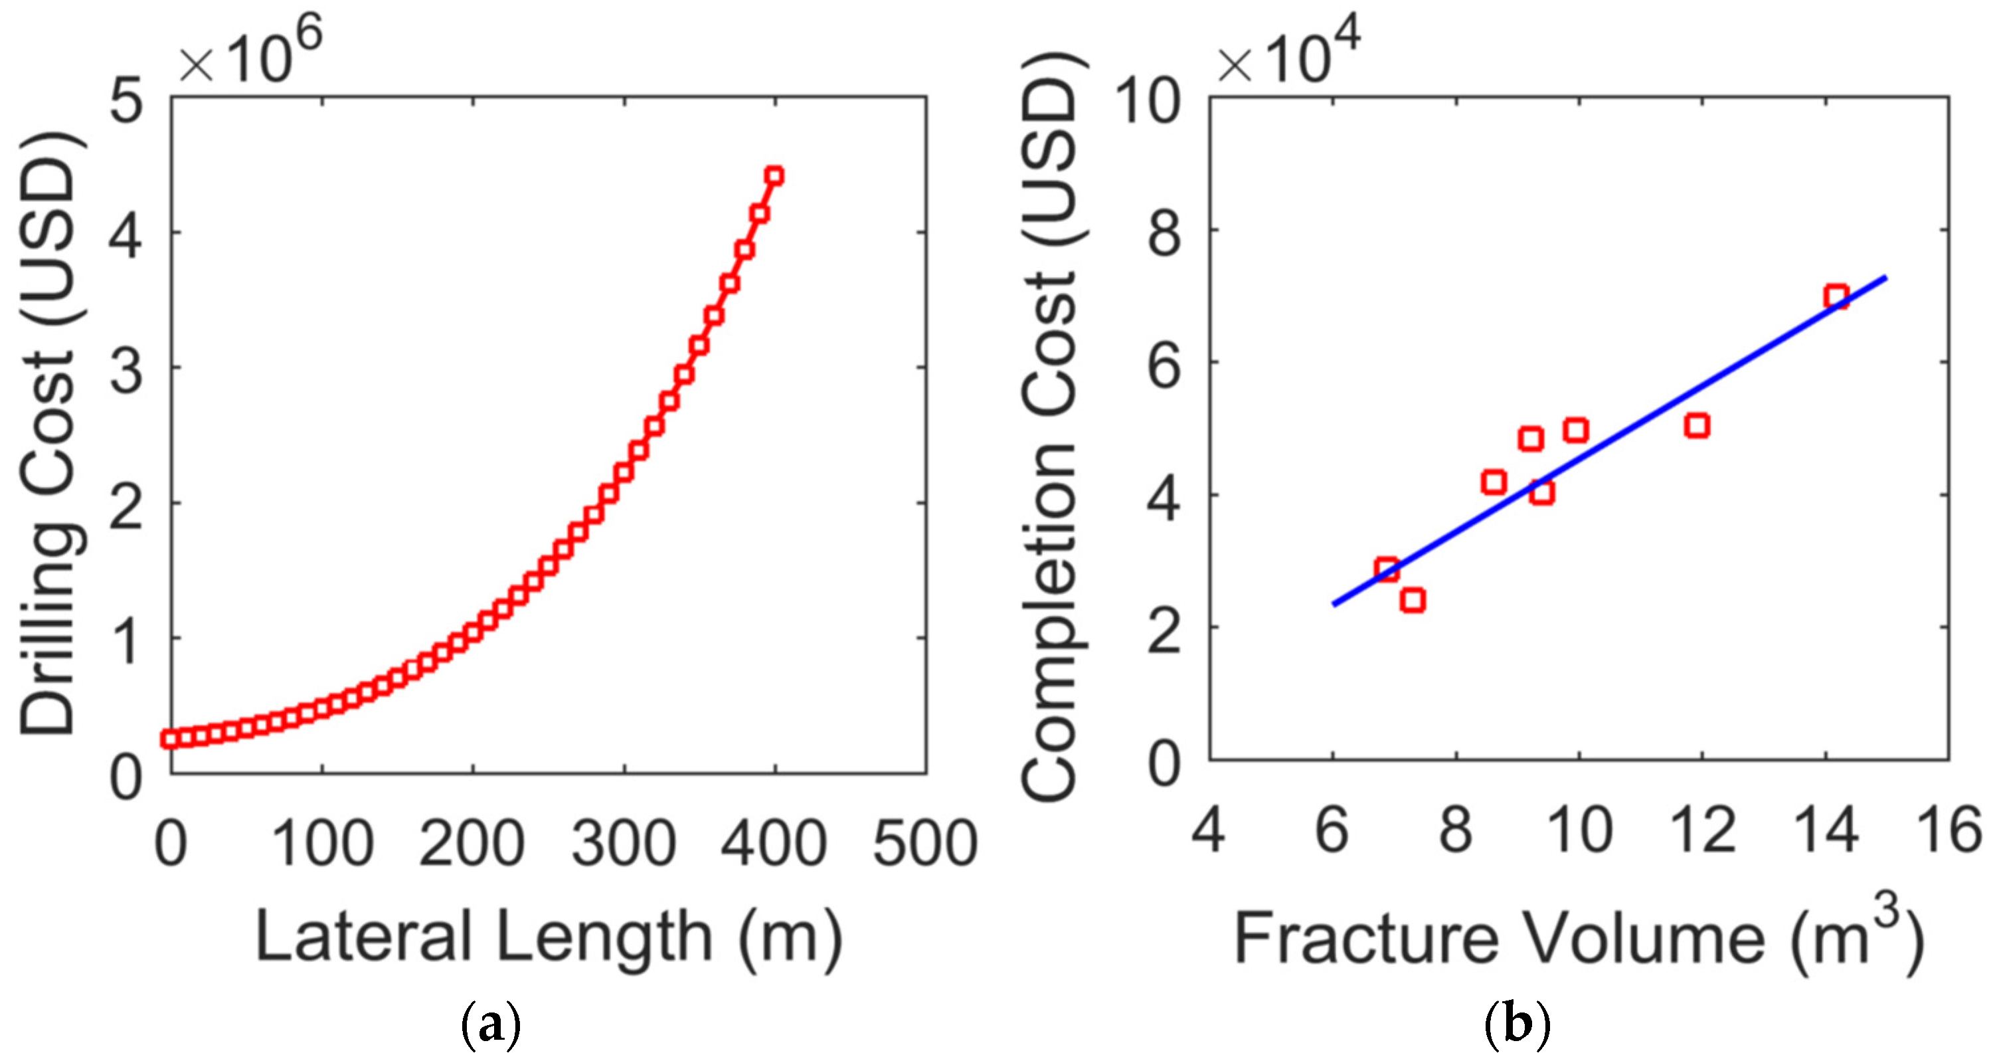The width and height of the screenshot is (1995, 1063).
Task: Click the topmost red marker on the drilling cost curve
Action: point(774,176)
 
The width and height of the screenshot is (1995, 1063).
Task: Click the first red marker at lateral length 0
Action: point(169,738)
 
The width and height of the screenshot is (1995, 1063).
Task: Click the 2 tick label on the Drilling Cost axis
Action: point(126,504)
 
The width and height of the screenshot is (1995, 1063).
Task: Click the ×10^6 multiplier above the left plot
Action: point(250,56)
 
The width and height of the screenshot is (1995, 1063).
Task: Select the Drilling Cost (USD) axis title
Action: point(48,434)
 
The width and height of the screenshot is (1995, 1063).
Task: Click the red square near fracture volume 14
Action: point(1836,297)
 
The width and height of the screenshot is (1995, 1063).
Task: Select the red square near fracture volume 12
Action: point(1697,425)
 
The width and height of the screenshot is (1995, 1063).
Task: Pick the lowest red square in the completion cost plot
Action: point(1413,600)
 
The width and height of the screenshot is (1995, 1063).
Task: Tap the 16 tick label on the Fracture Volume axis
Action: point(1949,830)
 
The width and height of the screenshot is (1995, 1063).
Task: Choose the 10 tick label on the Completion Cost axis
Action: point(1148,101)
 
